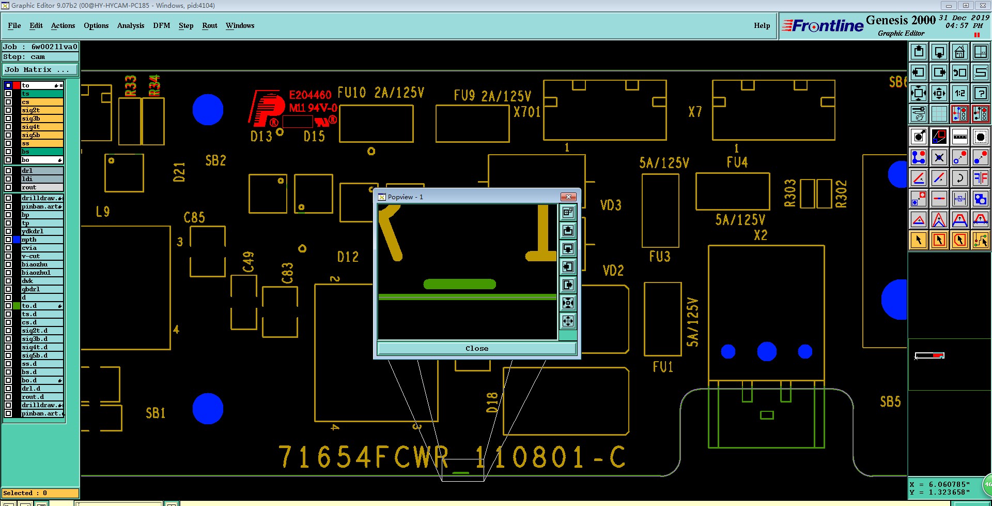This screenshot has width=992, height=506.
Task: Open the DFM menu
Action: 161,25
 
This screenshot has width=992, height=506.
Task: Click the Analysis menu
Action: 130,25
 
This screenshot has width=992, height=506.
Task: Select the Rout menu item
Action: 209,25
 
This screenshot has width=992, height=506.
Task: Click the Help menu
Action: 762,25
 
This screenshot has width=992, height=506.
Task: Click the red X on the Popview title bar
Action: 568,197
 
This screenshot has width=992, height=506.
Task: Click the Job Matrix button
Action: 40,69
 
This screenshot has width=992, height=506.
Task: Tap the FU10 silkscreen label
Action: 352,93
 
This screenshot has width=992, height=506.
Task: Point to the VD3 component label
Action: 611,205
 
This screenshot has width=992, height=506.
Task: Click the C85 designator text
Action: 194,217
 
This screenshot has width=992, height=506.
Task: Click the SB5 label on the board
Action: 890,401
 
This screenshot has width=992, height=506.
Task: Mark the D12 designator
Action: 348,257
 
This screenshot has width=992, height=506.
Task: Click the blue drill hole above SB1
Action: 208,408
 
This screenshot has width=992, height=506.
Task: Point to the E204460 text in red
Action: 310,95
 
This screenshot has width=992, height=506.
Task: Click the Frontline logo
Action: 823,26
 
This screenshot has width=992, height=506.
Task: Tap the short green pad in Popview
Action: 459,284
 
